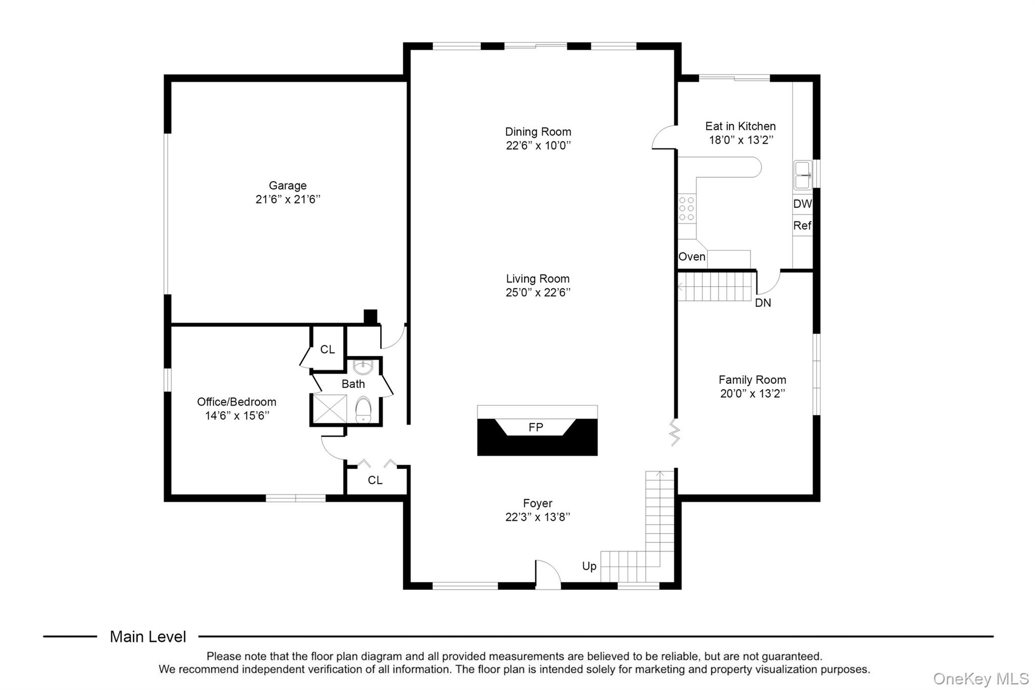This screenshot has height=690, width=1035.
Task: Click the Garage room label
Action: click(288, 186)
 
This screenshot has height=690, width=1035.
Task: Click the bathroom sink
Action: click(363, 366)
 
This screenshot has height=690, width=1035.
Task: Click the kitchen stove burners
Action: click(687, 209)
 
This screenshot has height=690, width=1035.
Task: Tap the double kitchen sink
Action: click(803, 175)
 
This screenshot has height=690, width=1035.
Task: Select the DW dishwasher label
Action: click(803, 204)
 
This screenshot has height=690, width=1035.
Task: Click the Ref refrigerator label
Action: click(802, 225)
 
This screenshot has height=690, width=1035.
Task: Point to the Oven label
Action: click(692, 257)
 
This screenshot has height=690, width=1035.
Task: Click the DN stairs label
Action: click(763, 303)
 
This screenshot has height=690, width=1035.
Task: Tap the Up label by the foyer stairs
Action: click(589, 566)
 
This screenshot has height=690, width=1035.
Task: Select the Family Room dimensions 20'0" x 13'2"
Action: click(752, 393)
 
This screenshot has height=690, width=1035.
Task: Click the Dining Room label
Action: click(538, 131)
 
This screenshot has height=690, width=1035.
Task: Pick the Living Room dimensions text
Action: click(538, 292)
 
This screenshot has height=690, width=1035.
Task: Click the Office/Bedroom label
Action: click(237, 402)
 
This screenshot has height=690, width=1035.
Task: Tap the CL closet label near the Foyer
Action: click(375, 480)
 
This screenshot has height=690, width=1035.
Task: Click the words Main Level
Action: click(148, 637)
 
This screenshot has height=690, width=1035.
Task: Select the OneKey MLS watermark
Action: click(981, 678)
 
